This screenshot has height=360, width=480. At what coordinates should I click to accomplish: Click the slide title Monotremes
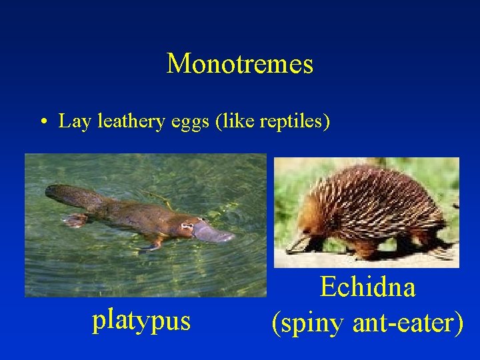[x=239, y=64]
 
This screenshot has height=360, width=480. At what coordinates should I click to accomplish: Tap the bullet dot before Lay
[x=42, y=122]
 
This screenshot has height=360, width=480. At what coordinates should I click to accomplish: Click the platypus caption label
[x=141, y=321]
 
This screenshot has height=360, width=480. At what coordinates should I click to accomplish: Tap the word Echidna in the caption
[x=367, y=287]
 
